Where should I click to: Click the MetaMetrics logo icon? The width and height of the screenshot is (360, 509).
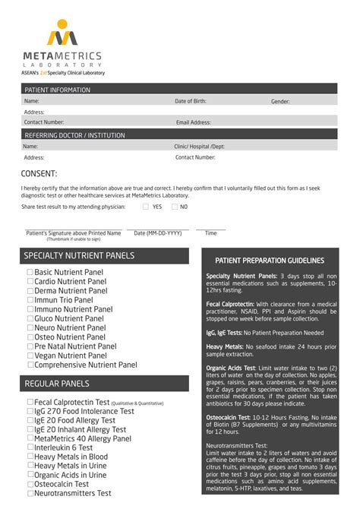pyautogui.click(x=62, y=33)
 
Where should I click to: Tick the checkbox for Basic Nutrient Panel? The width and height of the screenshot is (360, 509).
pyautogui.click(x=30, y=272)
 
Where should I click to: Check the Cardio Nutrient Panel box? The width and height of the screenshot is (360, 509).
pyautogui.click(x=30, y=281)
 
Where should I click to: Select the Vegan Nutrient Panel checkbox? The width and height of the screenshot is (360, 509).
pyautogui.click(x=30, y=355)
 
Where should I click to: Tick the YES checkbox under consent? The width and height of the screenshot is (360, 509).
pyautogui.click(x=146, y=207)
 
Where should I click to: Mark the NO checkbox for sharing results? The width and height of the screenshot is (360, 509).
pyautogui.click(x=173, y=207)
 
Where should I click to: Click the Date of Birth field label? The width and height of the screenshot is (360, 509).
pyautogui.click(x=190, y=101)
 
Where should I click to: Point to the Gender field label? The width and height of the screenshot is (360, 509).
pyautogui.click(x=280, y=101)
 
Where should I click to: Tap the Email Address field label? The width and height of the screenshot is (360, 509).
pyautogui.click(x=193, y=122)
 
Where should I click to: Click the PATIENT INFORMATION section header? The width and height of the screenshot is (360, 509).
pyautogui.click(x=57, y=90)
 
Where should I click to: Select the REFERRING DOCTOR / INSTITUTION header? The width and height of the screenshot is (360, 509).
pyautogui.click(x=74, y=135)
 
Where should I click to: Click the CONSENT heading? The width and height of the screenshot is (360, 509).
pyautogui.click(x=39, y=173)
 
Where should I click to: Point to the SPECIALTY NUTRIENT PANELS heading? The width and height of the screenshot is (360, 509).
pyautogui.click(x=79, y=256)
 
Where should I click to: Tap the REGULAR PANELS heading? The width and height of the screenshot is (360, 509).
pyautogui.click(x=57, y=384)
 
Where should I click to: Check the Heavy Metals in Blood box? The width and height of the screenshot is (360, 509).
pyautogui.click(x=30, y=457)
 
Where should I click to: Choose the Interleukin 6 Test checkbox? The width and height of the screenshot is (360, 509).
pyautogui.click(x=30, y=447)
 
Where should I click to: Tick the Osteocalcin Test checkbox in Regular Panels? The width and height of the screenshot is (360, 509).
pyautogui.click(x=30, y=484)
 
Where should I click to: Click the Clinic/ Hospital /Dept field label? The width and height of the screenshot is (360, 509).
pyautogui.click(x=200, y=147)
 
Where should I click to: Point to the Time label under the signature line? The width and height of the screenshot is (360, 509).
pyautogui.click(x=210, y=233)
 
